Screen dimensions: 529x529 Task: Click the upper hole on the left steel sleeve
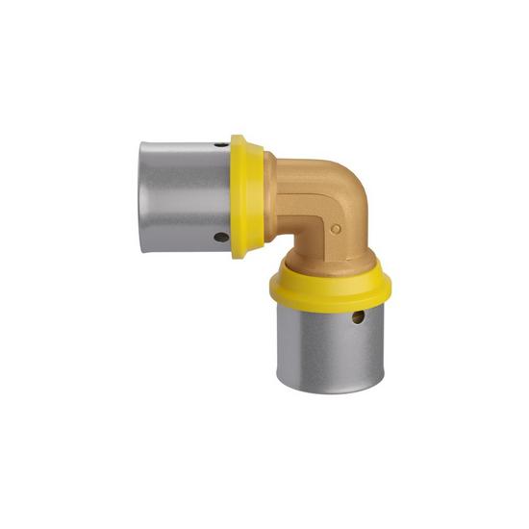pos(221,144)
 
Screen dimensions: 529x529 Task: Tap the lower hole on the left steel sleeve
pos(220,236)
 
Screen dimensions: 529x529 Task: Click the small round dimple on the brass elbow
pos(336,229)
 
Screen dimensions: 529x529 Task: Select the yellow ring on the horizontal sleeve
pos(248,196)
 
